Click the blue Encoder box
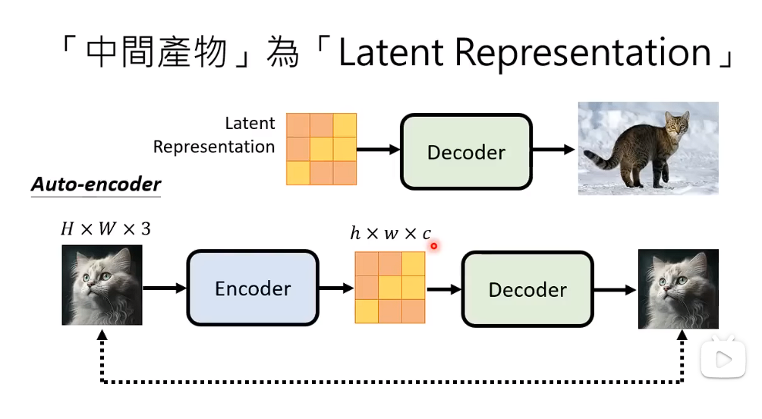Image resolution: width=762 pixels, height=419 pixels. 252,288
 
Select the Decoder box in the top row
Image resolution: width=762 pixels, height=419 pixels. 466,152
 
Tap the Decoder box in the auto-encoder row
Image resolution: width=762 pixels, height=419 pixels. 527,289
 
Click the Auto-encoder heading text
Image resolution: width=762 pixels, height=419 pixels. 96,184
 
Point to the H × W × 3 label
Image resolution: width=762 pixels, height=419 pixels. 105,228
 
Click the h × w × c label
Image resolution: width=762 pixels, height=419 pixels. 390,234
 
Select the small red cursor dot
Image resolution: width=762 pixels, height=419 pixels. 434,245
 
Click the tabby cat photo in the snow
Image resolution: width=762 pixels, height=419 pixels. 648,148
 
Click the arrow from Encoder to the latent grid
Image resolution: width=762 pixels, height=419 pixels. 335,288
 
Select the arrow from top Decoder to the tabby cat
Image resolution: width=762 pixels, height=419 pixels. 553,150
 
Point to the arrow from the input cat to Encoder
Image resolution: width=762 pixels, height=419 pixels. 164,288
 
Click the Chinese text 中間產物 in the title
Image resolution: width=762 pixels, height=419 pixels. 156,53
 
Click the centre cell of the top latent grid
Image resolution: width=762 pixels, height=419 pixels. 321,149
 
